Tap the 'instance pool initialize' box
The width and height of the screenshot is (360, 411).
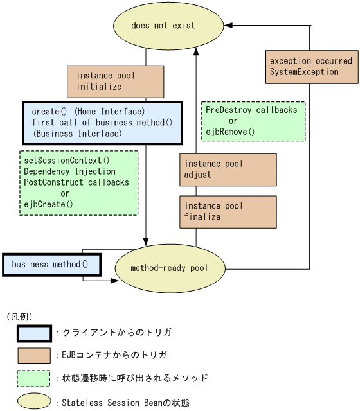pyautogui.click(x=115, y=81)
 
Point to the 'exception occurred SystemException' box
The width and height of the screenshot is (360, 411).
pyautogui.click(x=311, y=67)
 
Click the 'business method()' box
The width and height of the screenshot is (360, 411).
pyautogui.click(x=52, y=265)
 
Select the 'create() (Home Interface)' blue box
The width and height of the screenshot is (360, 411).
pyautogui.click(x=103, y=123)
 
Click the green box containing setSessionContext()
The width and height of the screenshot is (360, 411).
pyautogui.click(x=79, y=182)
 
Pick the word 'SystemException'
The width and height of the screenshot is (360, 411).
pyautogui.click(x=303, y=72)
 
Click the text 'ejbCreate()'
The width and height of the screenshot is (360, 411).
pyautogui.click(x=48, y=204)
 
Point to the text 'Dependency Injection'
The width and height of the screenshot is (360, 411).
pyautogui.click(x=69, y=171)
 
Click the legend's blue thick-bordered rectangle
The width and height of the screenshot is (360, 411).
pyautogui.click(x=34, y=333)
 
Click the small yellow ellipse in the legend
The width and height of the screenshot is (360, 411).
pyautogui.click(x=34, y=401)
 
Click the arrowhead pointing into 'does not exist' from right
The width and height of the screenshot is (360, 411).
pyautogui.click(x=228, y=25)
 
